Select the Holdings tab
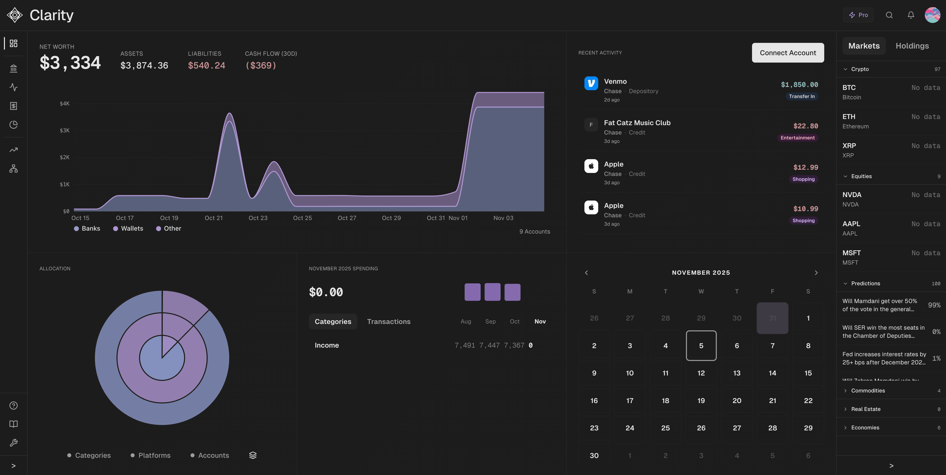click(x=912, y=46)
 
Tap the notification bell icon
click(x=911, y=15)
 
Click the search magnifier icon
click(x=889, y=15)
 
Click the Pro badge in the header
click(x=858, y=15)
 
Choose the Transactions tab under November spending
click(x=388, y=322)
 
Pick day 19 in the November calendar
click(x=701, y=401)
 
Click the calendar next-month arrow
click(x=816, y=273)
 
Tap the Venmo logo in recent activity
click(x=591, y=83)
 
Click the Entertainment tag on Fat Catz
click(x=797, y=138)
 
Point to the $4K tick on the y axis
click(x=65, y=103)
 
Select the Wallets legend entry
click(x=128, y=228)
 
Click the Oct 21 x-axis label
click(x=214, y=218)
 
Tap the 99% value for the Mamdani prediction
click(x=934, y=305)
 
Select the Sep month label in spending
click(x=490, y=322)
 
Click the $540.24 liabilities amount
click(x=206, y=65)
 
